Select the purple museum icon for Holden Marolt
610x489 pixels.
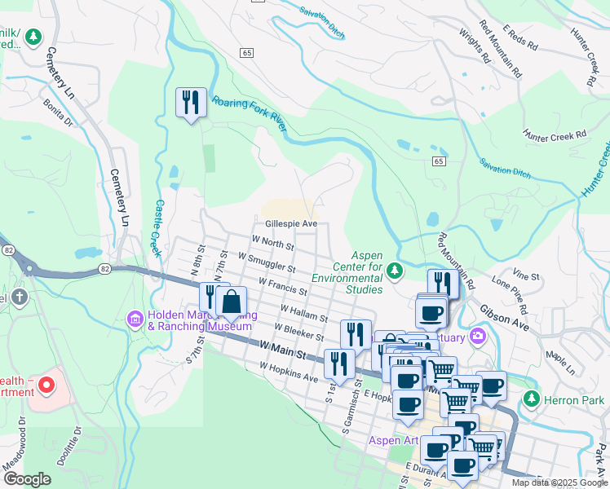[x=135, y=316]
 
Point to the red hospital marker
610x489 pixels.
[x=46, y=384]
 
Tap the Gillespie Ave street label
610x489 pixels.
[x=290, y=222]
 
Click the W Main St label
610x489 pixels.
[x=282, y=355]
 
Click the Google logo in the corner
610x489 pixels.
[x=27, y=479]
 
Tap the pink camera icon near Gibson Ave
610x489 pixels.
[x=476, y=336]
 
